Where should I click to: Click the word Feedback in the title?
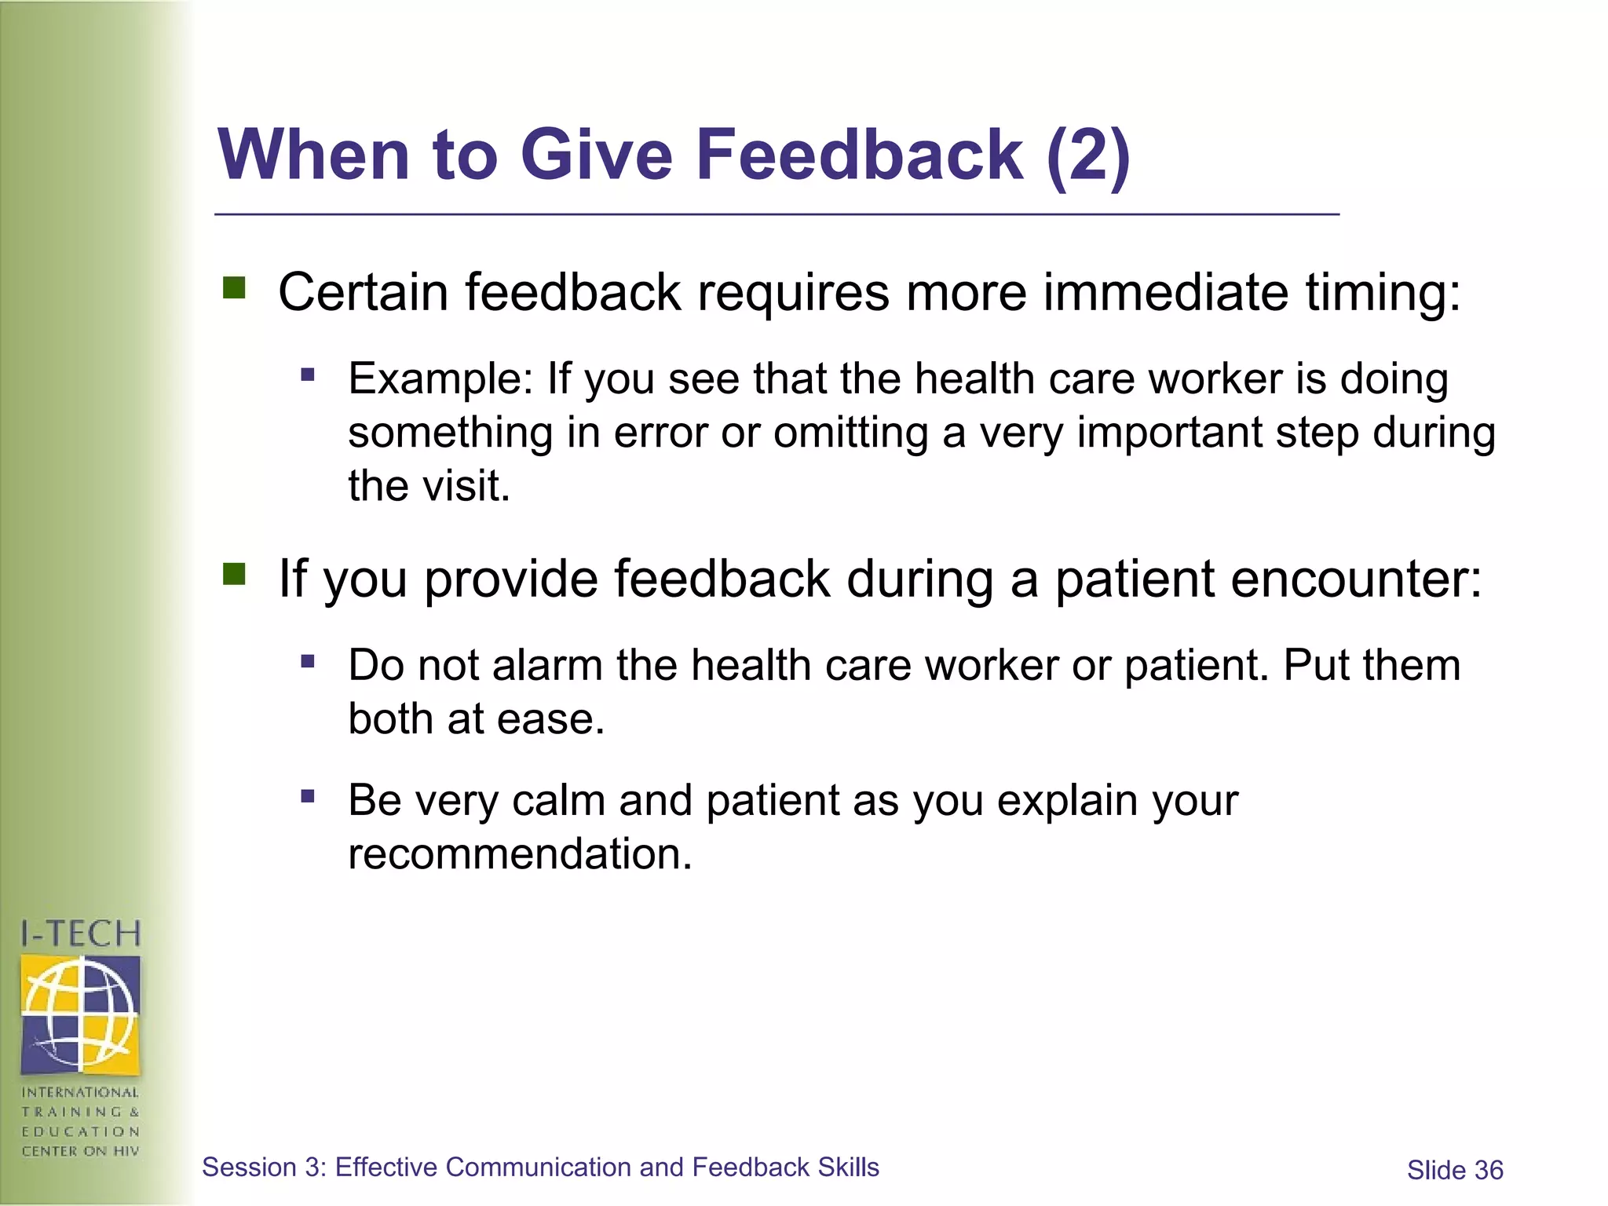[x=859, y=155]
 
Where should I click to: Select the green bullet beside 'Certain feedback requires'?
[x=234, y=288]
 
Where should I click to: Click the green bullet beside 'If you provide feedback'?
[x=234, y=575]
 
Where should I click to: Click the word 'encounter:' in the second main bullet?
[x=1356, y=579]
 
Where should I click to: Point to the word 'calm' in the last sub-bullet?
[x=557, y=801]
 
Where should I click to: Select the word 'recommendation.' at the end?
[x=520, y=854]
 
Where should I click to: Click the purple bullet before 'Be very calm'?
[x=308, y=798]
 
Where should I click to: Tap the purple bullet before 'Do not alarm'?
[x=308, y=662]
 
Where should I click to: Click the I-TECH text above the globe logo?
[x=81, y=934]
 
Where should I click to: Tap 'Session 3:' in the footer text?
[x=263, y=1168]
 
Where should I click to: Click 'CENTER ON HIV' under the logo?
[x=81, y=1152]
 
